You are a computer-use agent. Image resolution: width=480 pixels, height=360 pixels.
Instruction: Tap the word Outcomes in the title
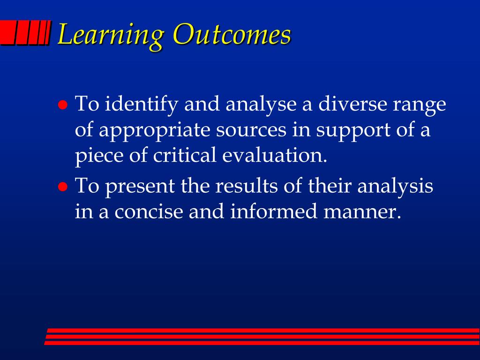click(x=232, y=34)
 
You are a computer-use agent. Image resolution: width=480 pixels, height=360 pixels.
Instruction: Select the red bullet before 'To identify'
click(x=63, y=105)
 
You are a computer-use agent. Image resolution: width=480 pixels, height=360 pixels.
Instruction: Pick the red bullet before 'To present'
click(x=63, y=187)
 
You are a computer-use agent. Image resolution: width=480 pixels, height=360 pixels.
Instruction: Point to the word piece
click(x=99, y=156)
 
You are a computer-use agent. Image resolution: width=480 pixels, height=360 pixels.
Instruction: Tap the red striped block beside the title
click(x=24, y=33)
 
